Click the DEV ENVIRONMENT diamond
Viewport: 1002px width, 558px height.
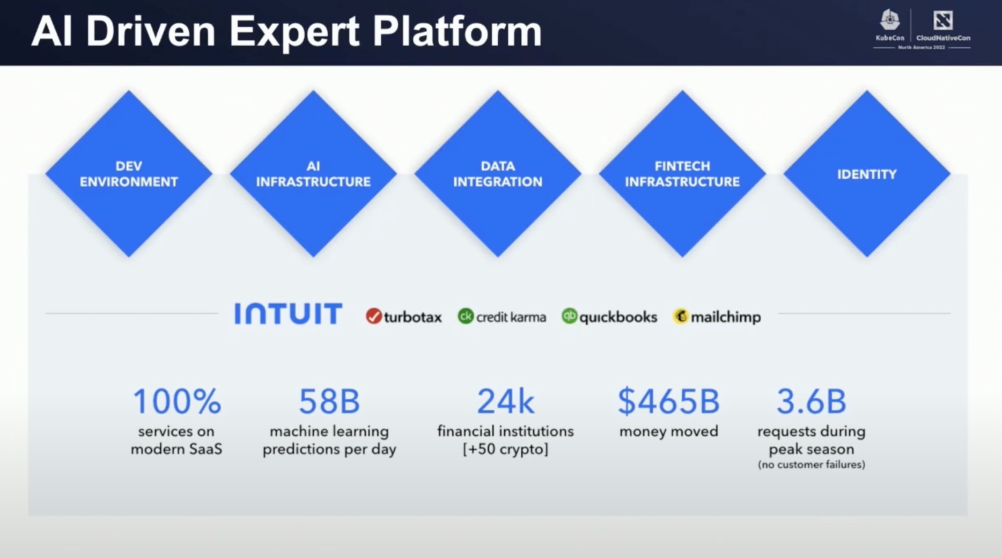click(x=129, y=174)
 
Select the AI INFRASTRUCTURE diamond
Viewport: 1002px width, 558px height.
click(x=313, y=174)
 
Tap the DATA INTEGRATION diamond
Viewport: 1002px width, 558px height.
click(x=498, y=174)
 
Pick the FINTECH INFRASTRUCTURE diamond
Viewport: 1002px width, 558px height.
click(x=682, y=174)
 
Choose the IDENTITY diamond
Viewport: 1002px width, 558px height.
click(x=867, y=174)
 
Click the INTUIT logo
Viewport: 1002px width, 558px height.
click(x=288, y=314)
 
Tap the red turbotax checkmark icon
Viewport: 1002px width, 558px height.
click(x=373, y=317)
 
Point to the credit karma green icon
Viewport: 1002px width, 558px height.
click(x=466, y=317)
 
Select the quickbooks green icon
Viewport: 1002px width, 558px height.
click(x=569, y=317)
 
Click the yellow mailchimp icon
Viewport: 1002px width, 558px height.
click(x=680, y=317)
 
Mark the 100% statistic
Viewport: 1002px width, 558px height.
click(x=176, y=401)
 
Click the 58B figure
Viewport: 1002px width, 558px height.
click(x=329, y=401)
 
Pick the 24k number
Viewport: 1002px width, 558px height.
click(x=505, y=401)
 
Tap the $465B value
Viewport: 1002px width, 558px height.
click(x=668, y=401)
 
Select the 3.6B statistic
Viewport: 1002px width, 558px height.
click(x=811, y=401)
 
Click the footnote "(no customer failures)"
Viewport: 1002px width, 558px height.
click(x=811, y=465)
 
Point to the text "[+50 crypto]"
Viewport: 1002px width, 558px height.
click(x=505, y=449)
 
